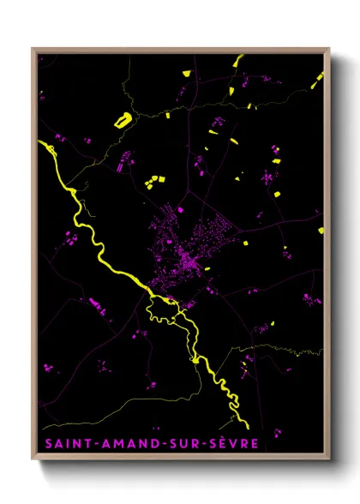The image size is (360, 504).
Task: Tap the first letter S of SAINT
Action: coord(44,444)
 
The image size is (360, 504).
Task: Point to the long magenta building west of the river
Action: coord(94,304)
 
